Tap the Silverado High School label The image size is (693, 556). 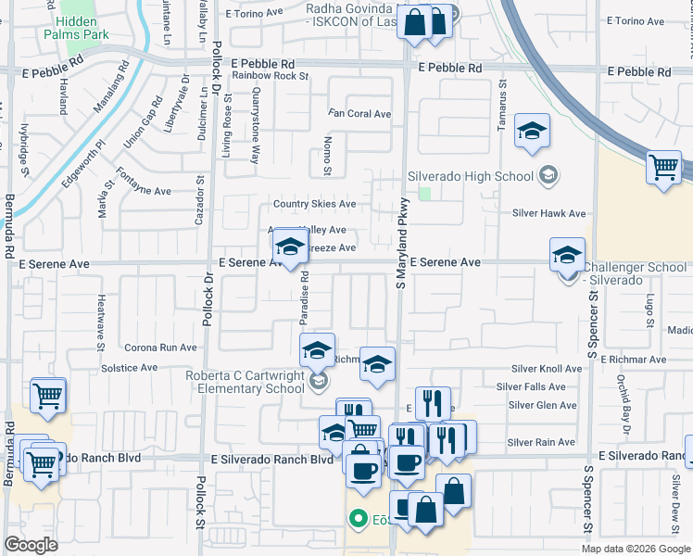[472, 176]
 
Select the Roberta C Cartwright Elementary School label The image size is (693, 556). [245, 382]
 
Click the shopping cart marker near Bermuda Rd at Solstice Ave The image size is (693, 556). [48, 396]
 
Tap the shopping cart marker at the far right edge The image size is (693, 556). [664, 168]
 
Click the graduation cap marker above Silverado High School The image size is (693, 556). [533, 131]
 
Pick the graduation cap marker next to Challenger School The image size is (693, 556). [567, 255]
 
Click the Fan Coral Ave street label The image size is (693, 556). [360, 114]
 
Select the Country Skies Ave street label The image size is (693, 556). [314, 204]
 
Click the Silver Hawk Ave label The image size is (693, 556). [549, 213]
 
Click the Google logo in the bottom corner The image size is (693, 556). [31, 545]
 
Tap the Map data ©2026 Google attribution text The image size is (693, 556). [636, 549]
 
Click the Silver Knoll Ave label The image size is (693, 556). [547, 368]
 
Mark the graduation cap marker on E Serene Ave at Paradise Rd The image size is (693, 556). [290, 247]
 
